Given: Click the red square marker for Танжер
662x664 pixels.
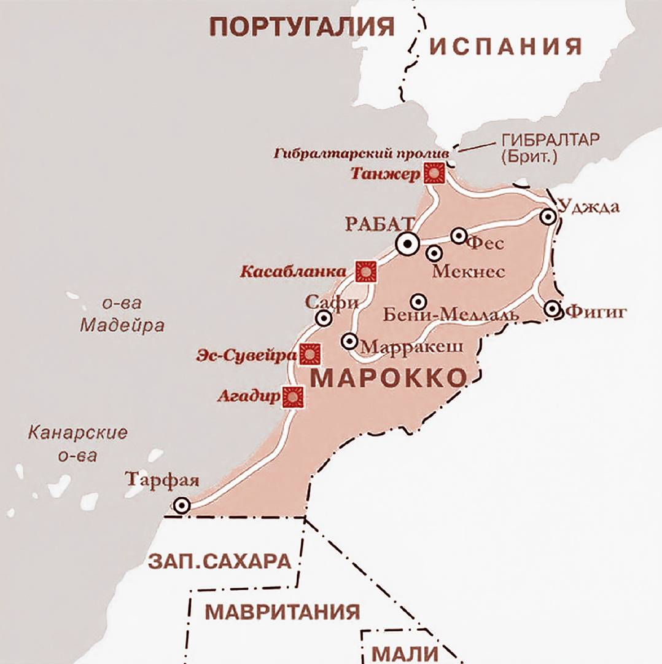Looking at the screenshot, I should tap(435, 173).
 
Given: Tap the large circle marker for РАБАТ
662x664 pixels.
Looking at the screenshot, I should tap(407, 244).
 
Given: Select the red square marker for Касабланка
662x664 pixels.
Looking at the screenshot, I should tap(367, 271).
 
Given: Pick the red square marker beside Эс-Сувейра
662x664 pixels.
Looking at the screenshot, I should tap(310, 354).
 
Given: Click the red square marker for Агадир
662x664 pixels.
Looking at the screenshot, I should tap(293, 397).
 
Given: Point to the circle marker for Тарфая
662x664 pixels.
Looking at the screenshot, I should tap(181, 506).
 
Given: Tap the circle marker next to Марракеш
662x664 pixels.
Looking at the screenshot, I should tap(349, 341).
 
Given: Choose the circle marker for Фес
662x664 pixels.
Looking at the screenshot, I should tap(459, 235).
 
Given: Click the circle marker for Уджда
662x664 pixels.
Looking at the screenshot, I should tap(548, 216).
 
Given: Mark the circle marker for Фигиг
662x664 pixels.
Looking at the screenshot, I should tap(553, 309).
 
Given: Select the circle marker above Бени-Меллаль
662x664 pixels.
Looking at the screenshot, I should tap(418, 301).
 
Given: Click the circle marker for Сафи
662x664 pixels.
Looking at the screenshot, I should tap(324, 318).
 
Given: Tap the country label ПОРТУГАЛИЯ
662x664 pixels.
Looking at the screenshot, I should tap(302, 26).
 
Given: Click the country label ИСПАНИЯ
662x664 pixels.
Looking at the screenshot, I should tap(505, 46).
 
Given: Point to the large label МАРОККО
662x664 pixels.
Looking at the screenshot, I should tap(389, 379).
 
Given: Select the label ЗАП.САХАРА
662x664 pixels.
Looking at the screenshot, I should tap(219, 561).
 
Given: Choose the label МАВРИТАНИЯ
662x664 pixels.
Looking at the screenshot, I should tap(282, 612).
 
